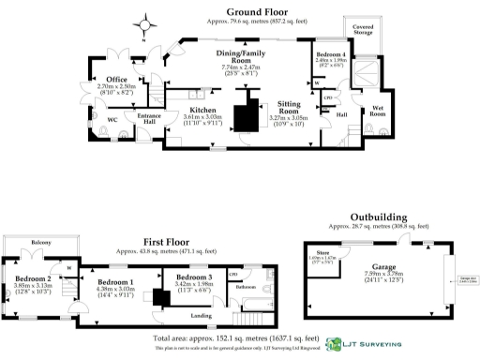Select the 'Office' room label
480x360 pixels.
(116, 80)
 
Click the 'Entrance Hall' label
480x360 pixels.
(151, 114)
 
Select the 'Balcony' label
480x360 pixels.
(40, 242)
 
